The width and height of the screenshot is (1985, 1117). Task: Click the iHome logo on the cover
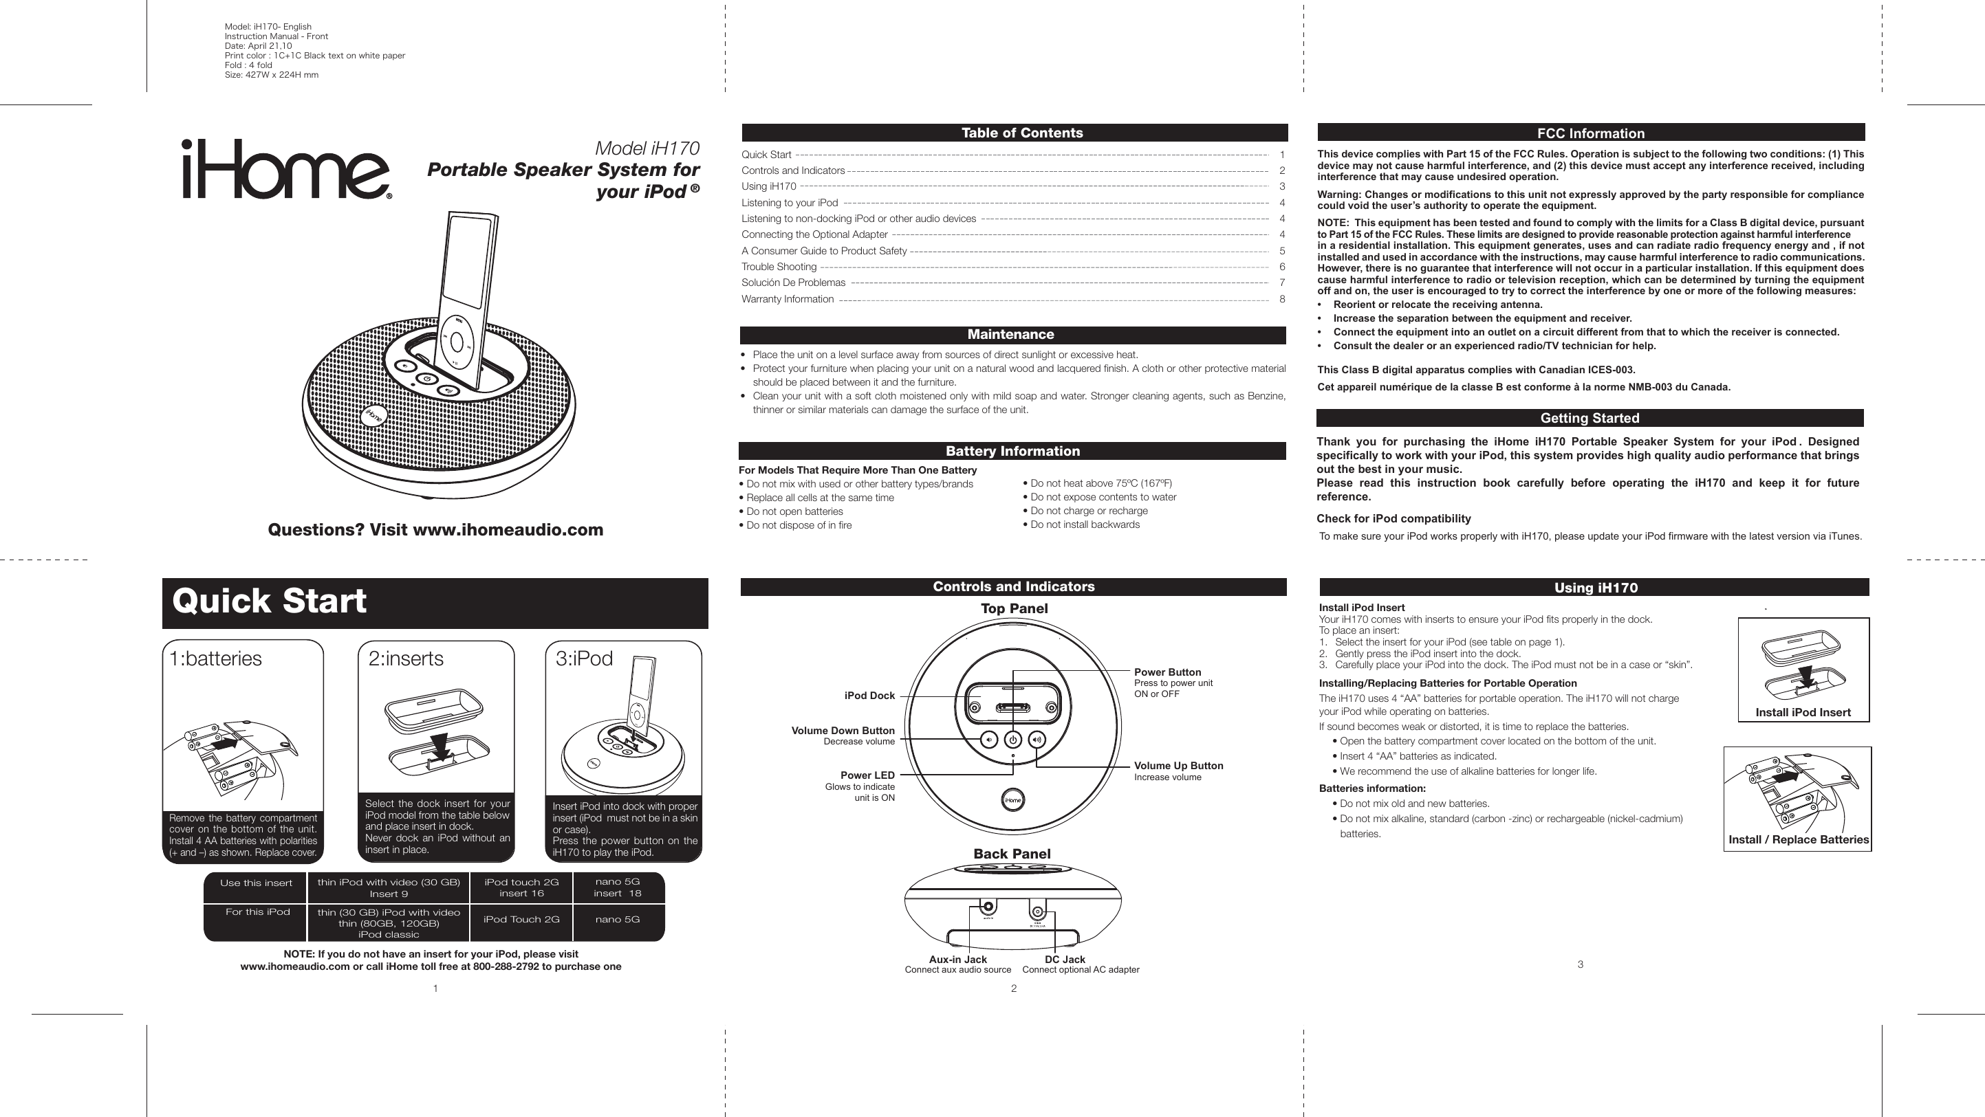(x=286, y=170)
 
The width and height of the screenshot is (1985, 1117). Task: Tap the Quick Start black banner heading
(x=434, y=602)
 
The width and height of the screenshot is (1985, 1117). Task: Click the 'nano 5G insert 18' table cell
(x=617, y=887)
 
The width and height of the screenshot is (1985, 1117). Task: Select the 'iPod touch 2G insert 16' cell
(x=521, y=887)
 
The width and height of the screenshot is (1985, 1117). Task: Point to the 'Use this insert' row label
(x=256, y=883)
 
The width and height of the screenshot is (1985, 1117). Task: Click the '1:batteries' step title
(x=216, y=659)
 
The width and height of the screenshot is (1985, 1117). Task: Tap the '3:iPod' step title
(x=584, y=659)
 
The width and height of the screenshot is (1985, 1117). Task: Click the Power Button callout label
(x=1167, y=672)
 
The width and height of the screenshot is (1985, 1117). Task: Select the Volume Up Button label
(x=1178, y=766)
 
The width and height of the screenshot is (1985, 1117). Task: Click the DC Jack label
(x=1064, y=959)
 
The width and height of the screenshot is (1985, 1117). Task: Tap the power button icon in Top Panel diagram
(x=1012, y=740)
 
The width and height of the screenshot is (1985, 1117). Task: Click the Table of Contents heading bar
(x=1014, y=133)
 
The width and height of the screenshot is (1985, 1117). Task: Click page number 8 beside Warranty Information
(x=1281, y=299)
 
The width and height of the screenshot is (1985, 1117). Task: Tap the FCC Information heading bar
(x=1590, y=133)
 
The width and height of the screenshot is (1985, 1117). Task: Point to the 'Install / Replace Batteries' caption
(x=1798, y=840)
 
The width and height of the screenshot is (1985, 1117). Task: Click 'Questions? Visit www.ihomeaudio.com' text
(x=435, y=530)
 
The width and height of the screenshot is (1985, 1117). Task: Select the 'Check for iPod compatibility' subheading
(x=1393, y=518)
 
